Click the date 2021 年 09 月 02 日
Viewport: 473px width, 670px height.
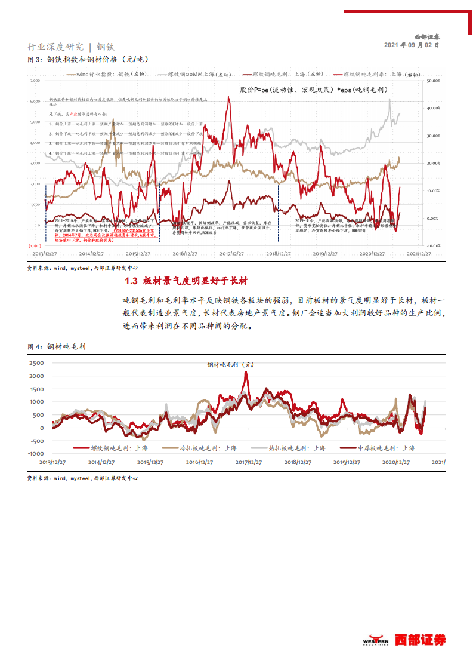pos(412,45)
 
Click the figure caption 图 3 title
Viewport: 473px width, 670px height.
pos(88,59)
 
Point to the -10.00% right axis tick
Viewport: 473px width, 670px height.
pos(432,245)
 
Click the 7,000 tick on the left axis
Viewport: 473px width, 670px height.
pos(35,79)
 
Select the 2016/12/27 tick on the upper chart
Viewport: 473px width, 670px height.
pos(186,254)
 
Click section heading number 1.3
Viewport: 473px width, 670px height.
pos(131,281)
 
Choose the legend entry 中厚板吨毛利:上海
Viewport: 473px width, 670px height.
pos(376,447)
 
